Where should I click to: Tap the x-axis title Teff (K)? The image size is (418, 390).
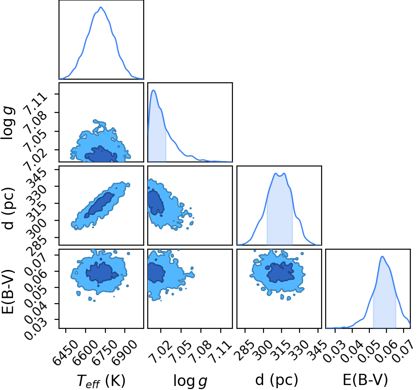[x=101, y=381]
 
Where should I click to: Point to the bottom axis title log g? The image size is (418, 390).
[x=190, y=381]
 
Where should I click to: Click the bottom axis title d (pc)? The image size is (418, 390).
[x=277, y=380]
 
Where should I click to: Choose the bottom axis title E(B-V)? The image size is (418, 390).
[x=365, y=380]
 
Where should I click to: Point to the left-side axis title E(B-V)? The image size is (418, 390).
[x=8, y=292]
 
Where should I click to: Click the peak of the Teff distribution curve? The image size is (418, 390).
[x=100, y=7]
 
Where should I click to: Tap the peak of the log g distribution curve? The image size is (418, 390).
[x=154, y=90]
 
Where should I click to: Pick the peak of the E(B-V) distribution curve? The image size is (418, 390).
[x=382, y=256]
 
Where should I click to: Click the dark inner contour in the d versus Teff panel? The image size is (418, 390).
[x=99, y=205]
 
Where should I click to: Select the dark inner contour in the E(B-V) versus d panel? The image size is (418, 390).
[x=281, y=272]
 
